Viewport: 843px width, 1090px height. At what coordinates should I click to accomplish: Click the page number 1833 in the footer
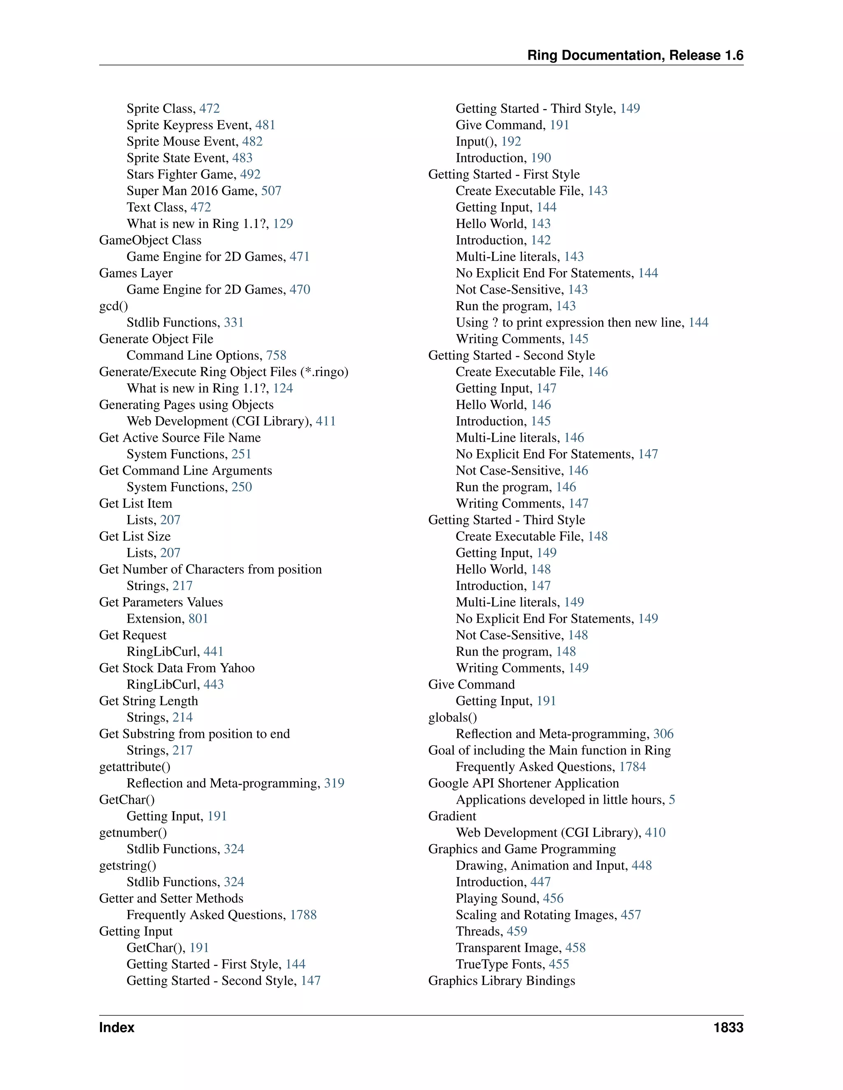pos(728,1027)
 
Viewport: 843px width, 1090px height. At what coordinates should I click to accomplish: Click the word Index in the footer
pos(117,1027)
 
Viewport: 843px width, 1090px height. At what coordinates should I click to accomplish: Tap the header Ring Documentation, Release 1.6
pos(635,56)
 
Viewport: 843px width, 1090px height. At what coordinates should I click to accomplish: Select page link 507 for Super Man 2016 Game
pos(271,191)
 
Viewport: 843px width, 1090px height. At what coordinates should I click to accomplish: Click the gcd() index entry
pos(113,306)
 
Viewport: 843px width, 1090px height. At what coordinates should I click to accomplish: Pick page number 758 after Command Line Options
pos(276,355)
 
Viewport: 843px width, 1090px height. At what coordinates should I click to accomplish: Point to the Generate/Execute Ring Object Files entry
pos(223,372)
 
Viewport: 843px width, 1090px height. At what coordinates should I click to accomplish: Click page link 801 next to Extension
pos(198,619)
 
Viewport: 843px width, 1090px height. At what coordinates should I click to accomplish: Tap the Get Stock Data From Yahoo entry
pos(177,668)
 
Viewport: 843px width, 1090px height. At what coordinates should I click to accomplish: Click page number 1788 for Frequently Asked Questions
pos(303,915)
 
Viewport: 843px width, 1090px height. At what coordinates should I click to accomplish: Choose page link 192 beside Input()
pos(511,142)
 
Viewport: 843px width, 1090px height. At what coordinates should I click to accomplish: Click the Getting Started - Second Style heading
pos(511,355)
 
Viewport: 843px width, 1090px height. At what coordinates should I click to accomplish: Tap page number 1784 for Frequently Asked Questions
pos(632,767)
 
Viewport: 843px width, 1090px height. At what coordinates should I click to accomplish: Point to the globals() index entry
pos(452,718)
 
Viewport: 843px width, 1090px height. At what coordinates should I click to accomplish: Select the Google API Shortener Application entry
pos(524,784)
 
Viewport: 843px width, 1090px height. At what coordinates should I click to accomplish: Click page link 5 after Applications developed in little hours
pos(672,800)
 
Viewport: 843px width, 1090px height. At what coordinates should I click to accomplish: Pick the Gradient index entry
pos(452,816)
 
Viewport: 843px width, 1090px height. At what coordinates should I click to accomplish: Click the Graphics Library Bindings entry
pos(501,981)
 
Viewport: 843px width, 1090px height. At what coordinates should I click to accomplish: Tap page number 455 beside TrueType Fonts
pos(559,964)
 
